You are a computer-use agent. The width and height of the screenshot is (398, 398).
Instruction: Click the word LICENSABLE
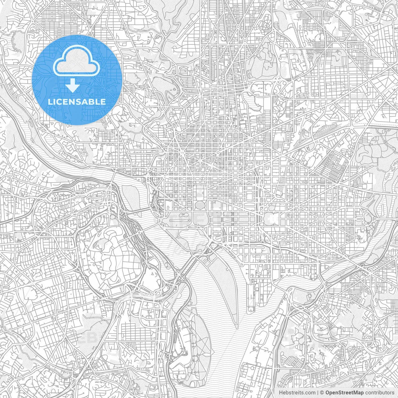77,102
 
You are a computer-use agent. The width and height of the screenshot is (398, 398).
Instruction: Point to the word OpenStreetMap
345,393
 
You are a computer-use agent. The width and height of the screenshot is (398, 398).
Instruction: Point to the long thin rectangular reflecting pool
180,221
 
